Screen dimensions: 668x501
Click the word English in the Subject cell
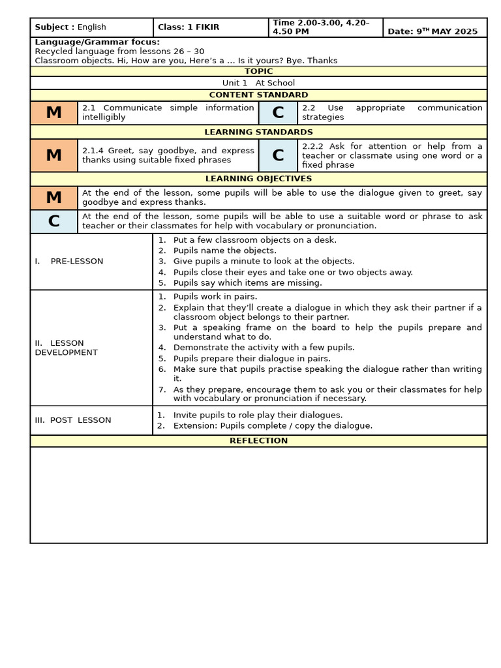pos(92,27)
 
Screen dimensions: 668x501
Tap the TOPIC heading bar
pos(258,71)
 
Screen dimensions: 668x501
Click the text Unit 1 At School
pos(258,83)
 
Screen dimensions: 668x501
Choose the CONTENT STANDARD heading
pos(258,95)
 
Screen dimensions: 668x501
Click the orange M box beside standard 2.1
pos(53,113)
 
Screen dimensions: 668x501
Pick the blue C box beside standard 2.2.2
pos(278,155)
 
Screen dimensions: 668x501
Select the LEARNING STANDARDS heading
pos(258,132)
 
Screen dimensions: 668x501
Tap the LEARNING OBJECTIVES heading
pos(258,178)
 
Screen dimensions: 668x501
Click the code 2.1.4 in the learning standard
pos(93,151)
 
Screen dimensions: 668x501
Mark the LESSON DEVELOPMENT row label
pos(66,348)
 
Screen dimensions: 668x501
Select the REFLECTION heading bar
pos(258,440)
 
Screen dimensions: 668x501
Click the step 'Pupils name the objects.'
pos(224,250)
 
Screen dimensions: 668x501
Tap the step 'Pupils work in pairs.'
pos(215,296)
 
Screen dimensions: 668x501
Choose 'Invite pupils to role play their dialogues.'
pos(257,415)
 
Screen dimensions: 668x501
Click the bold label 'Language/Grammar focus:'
pos(97,42)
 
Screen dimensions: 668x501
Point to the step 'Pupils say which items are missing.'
pos(247,283)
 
